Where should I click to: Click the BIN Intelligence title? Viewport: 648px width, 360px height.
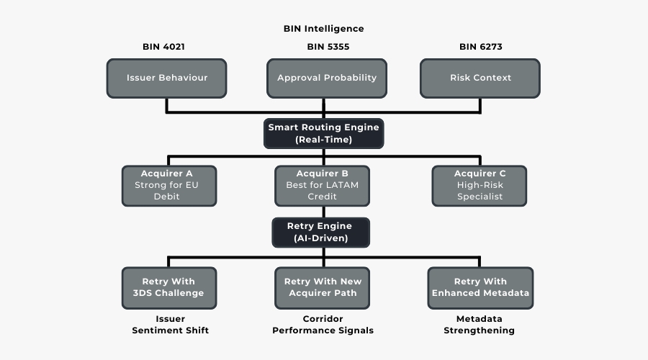323,29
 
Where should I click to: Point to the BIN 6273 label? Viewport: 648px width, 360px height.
480,47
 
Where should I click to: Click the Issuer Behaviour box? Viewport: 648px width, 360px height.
167,78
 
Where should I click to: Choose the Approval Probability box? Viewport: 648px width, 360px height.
327,78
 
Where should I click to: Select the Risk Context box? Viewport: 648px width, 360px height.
480,78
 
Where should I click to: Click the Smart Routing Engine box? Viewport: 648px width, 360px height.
323,133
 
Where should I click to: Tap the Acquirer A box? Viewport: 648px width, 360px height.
167,185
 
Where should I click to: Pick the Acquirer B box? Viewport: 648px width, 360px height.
323,185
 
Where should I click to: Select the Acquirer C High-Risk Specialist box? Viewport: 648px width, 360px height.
480,185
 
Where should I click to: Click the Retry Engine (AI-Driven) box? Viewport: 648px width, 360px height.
320,232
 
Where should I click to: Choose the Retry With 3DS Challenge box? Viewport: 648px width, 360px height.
168,287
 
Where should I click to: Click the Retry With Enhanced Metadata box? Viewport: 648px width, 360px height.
480,287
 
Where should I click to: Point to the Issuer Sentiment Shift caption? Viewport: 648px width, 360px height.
170,325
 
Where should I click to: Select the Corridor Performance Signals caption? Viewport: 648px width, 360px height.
323,325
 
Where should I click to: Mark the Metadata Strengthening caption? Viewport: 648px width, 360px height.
480,325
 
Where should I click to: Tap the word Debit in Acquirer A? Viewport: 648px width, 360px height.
167,197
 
